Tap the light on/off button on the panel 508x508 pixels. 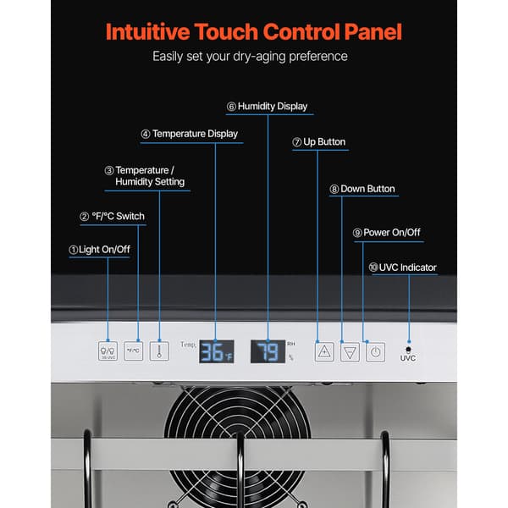[x=108, y=351]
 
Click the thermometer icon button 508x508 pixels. [x=159, y=351]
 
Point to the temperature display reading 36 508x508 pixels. [x=217, y=351]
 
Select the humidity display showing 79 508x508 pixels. [x=268, y=351]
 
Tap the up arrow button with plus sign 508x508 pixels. [x=324, y=351]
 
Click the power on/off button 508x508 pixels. [x=375, y=352]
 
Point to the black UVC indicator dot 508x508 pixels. [x=408, y=349]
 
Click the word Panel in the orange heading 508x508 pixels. [x=373, y=32]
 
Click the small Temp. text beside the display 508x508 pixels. [x=188, y=345]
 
